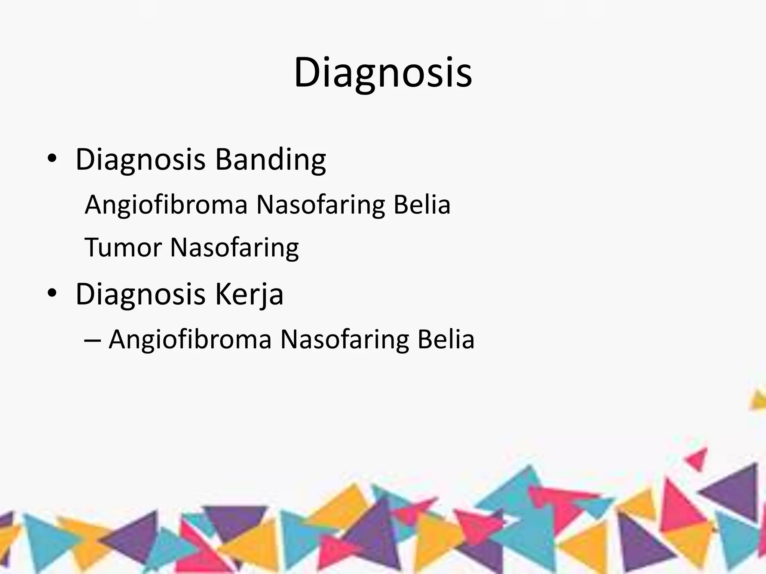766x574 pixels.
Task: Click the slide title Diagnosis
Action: click(383, 73)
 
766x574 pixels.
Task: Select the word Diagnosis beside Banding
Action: click(141, 160)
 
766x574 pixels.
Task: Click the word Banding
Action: click(270, 160)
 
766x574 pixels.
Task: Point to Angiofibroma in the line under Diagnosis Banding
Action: click(166, 205)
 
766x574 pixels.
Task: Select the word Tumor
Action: click(123, 247)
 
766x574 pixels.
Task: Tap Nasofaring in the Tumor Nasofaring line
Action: click(235, 248)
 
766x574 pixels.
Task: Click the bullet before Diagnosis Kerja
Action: click(52, 293)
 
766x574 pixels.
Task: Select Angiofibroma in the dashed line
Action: click(190, 340)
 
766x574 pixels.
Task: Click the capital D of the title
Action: click(308, 72)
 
